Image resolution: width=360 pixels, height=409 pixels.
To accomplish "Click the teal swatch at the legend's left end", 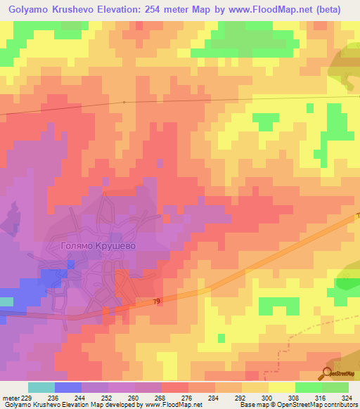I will point(41,387).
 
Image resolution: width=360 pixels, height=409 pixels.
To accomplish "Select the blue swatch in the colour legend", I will point(68,387).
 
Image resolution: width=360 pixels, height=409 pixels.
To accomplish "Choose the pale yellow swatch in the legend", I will point(281,387).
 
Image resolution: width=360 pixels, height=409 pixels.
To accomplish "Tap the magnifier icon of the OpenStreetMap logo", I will point(328,372).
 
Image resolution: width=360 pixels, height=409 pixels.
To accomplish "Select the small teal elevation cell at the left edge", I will point(6,301).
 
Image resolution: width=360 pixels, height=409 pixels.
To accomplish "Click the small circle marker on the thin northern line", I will point(124,102).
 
